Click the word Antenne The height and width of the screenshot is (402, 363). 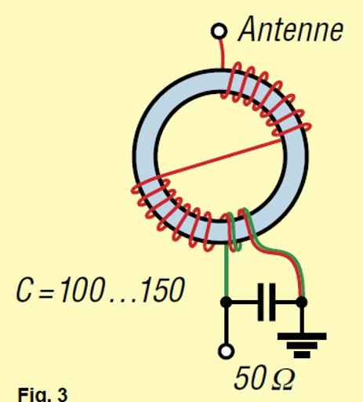tap(291, 29)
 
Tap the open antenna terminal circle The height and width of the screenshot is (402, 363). tap(219, 31)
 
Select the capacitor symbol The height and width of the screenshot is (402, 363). tap(267, 302)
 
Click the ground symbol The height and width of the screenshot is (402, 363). tap(302, 345)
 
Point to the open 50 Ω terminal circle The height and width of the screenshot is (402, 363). tap(226, 351)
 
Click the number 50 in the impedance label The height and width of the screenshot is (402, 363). tap(249, 378)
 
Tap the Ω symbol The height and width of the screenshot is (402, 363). tap(283, 379)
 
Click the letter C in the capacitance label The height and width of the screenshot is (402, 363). tap(24, 290)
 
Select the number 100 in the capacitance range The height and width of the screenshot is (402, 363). tap(82, 290)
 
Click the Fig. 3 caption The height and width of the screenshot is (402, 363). tap(42, 394)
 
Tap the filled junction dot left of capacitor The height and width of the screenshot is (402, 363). tap(226, 302)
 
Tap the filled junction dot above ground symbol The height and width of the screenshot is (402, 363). tap(302, 302)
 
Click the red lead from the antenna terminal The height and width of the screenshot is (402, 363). tap(222, 53)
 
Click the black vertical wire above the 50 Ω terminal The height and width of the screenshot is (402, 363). tap(227, 325)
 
